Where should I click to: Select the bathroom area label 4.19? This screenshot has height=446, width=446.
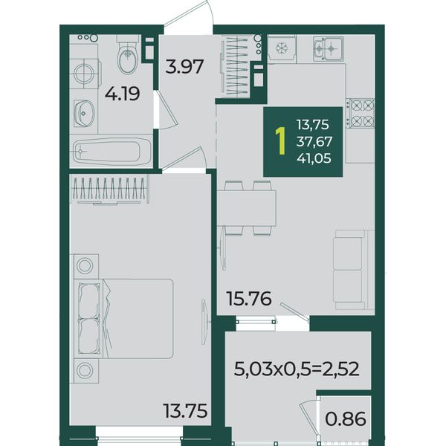123,94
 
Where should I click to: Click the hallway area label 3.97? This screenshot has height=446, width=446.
184,66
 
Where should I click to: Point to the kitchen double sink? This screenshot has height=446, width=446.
329,49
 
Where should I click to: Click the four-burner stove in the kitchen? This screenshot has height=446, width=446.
360,114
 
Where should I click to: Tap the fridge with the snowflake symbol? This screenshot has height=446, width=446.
282,48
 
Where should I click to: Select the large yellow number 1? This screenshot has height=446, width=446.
281,141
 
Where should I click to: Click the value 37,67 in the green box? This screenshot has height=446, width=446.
314,141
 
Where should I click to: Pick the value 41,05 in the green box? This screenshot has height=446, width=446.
314,158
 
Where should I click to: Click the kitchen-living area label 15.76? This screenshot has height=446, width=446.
249,299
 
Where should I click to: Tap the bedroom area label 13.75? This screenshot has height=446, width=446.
185,411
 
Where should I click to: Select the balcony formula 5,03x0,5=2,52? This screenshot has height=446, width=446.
296,369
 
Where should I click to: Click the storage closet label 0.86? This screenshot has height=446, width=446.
346,419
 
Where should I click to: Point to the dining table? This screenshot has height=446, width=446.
247,208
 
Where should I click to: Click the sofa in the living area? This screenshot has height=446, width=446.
353,270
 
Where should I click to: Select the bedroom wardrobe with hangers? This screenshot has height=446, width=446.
109,189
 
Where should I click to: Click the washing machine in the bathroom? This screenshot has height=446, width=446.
85,74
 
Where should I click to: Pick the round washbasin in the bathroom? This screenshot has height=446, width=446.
83,113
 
